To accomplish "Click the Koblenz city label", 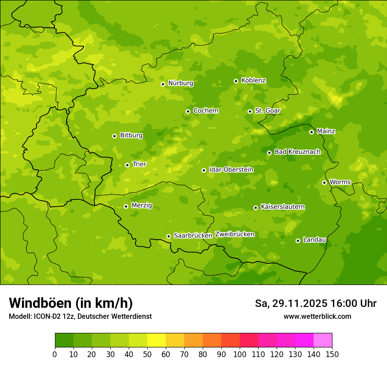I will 253,80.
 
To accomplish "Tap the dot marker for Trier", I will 128,165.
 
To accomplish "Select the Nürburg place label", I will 180,83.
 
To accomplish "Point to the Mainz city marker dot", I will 311,132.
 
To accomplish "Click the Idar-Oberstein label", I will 231,169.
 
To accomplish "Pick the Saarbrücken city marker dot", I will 168,236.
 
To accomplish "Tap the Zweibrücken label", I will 234,234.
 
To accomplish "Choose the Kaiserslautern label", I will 283,207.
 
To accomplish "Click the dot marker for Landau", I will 298,241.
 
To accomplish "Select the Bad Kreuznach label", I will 297,152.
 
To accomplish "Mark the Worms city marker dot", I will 324,182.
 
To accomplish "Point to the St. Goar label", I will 267,110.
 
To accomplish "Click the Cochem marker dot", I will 188,111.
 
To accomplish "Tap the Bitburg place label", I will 131,135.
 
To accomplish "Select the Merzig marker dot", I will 126,206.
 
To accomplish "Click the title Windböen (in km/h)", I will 71,303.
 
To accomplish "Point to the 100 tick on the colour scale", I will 240,354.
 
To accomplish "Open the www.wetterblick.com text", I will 317,316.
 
